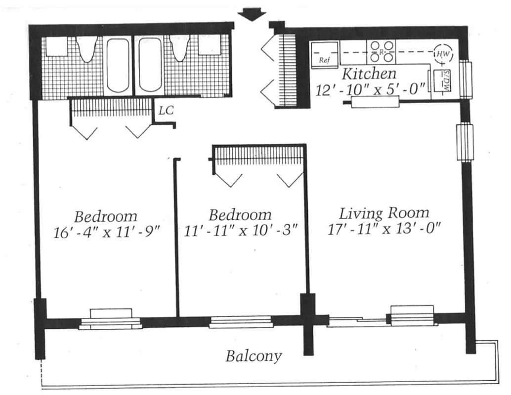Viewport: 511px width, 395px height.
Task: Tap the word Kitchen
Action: [x=369, y=74]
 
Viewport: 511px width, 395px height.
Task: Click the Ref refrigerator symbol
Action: [x=325, y=54]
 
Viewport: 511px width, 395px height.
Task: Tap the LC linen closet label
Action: [x=166, y=111]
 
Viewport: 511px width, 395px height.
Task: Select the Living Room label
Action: [x=384, y=213]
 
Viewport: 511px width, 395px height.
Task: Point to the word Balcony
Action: [x=254, y=355]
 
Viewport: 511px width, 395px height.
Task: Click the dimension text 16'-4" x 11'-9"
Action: [x=106, y=232]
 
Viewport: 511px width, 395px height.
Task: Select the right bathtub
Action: [x=149, y=65]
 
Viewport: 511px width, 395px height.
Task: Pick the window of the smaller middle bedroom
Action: [x=241, y=322]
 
